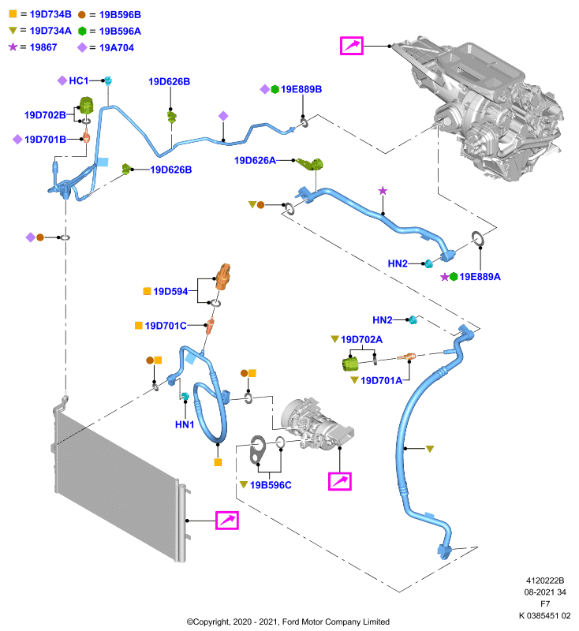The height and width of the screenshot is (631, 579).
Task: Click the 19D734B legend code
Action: [x=50, y=14]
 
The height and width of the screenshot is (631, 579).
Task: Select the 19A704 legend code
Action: [x=116, y=48]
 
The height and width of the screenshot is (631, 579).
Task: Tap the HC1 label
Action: [x=78, y=81]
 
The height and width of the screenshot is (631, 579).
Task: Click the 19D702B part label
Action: [x=45, y=115]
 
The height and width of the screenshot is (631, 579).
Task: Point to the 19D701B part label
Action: [x=45, y=140]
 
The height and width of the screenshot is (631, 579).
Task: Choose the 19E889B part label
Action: [x=301, y=89]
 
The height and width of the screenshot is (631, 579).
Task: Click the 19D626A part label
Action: [x=255, y=161]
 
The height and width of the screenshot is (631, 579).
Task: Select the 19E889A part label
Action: [x=480, y=277]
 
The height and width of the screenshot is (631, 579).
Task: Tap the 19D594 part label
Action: [x=170, y=291]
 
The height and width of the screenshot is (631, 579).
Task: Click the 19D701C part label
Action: [x=166, y=326]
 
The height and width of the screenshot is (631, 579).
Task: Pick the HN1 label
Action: [x=185, y=424]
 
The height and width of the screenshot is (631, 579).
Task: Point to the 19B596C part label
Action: [x=271, y=485]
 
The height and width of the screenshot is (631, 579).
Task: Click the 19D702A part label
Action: [x=361, y=340]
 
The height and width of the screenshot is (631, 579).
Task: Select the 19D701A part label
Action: [x=381, y=381]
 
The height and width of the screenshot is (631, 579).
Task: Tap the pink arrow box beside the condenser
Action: [x=227, y=521]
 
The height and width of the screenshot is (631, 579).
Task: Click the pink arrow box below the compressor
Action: [x=340, y=481]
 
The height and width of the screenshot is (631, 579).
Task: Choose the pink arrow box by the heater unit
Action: [x=352, y=46]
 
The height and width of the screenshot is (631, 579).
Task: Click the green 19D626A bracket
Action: [x=311, y=164]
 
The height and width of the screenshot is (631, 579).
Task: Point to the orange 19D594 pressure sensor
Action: [x=223, y=277]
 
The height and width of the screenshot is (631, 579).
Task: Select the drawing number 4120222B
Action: [x=545, y=581]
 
